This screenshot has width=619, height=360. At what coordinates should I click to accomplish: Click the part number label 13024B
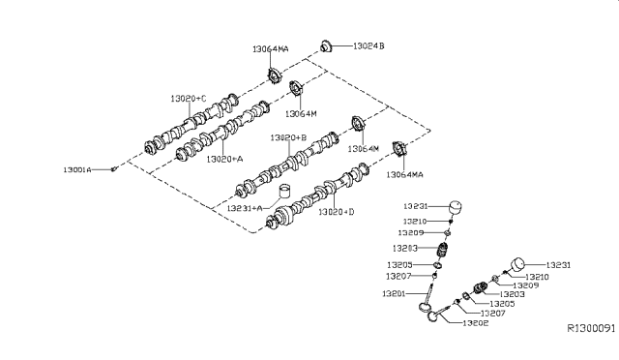[x=368, y=45]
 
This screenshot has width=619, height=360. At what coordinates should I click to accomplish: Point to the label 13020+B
[x=288, y=138]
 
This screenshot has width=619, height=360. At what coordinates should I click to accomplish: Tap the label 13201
[x=395, y=292]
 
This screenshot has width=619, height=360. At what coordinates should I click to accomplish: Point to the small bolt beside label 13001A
[x=114, y=169]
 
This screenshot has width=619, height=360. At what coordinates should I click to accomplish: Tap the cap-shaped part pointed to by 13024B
[x=327, y=45]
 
